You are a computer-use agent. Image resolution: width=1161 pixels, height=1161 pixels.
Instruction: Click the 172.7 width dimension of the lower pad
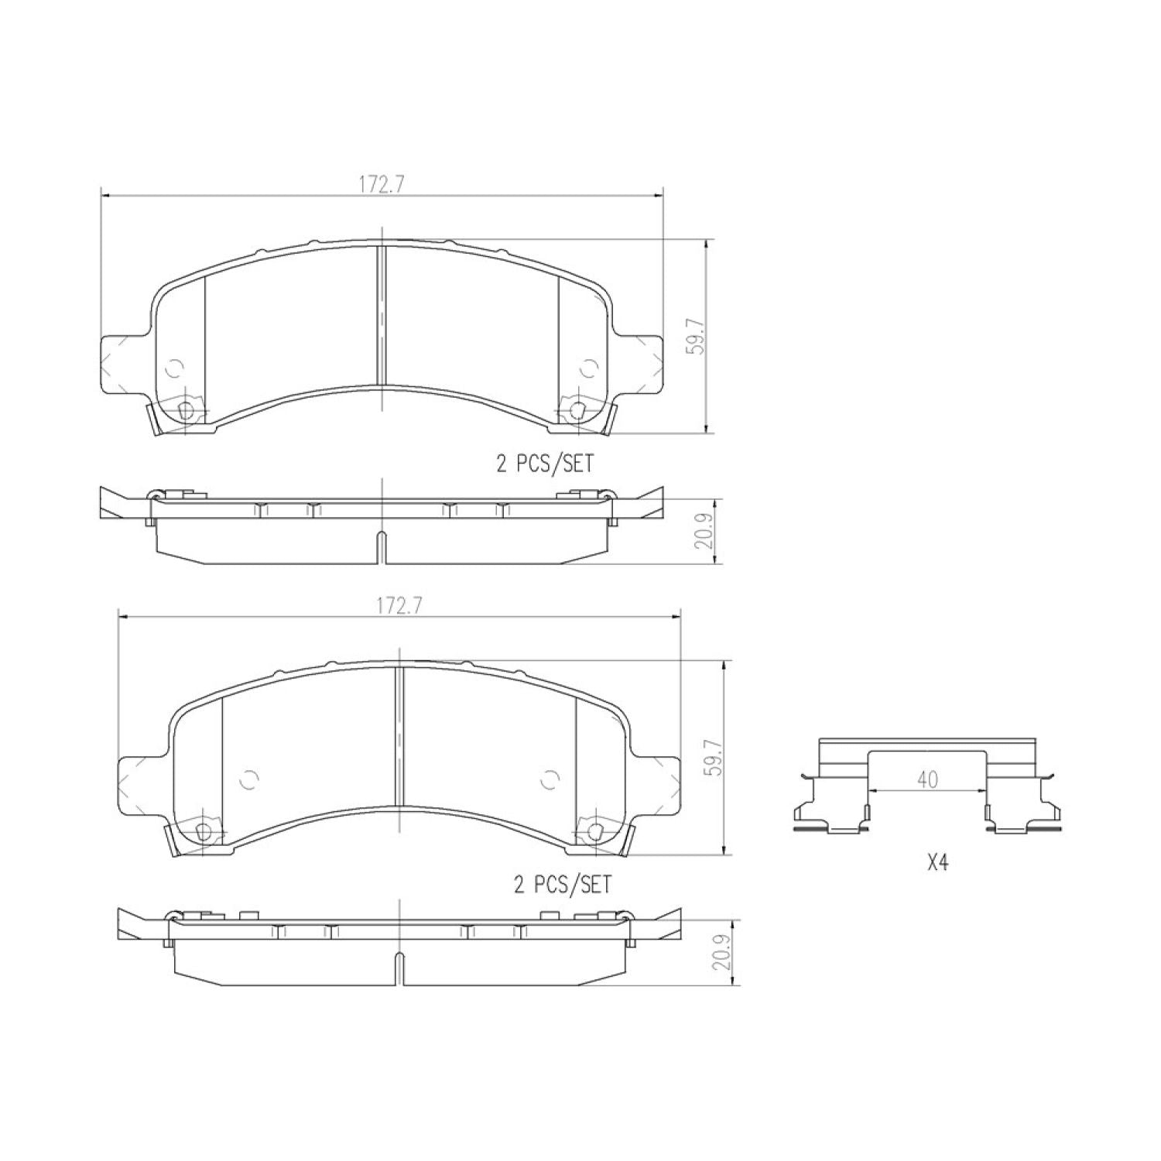[399, 606]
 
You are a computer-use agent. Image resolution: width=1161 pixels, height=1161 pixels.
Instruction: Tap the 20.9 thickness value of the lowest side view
[721, 954]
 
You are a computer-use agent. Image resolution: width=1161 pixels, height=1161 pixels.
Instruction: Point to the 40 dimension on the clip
[927, 779]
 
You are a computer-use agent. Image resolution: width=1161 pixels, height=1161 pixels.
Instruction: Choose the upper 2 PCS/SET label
[545, 464]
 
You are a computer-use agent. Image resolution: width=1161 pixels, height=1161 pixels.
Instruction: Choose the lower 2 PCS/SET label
[563, 884]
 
